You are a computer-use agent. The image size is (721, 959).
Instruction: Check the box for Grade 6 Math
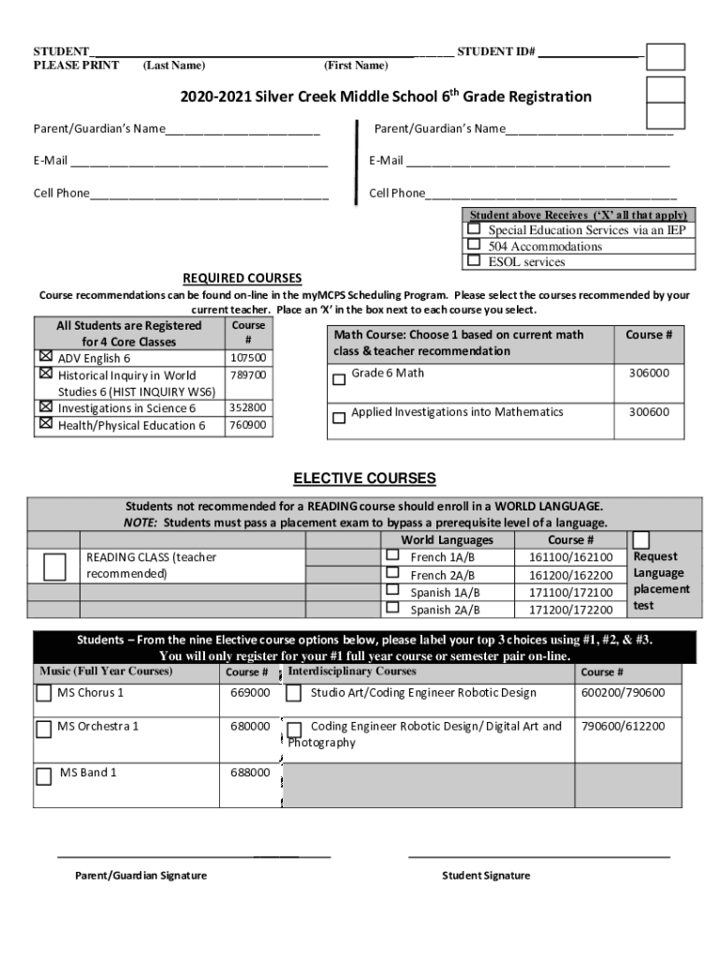point(339,380)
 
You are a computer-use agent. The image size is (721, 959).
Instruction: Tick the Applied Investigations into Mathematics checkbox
point(339,418)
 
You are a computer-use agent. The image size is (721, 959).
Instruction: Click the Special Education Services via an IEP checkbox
point(475,229)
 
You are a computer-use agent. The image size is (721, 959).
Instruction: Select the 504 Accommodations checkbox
point(475,244)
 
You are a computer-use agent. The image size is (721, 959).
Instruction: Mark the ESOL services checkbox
point(475,260)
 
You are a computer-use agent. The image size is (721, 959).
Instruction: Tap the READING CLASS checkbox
point(55,567)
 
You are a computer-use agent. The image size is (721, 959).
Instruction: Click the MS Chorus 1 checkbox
point(44,694)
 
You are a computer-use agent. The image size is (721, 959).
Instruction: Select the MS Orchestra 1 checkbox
point(44,728)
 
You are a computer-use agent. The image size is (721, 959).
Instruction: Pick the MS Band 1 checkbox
point(44,775)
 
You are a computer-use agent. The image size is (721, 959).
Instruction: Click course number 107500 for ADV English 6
point(248,358)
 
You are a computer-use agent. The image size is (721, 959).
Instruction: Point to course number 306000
point(649,373)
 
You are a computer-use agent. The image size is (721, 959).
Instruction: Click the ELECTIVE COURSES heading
point(364,479)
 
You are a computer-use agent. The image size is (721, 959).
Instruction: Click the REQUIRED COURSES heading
point(242,278)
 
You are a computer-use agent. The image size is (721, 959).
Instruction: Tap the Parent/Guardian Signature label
point(141,876)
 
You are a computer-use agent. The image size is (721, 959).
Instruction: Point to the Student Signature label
point(486,876)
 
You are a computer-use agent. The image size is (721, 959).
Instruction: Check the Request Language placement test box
point(641,540)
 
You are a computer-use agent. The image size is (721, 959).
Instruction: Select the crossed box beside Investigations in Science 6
point(45,407)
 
